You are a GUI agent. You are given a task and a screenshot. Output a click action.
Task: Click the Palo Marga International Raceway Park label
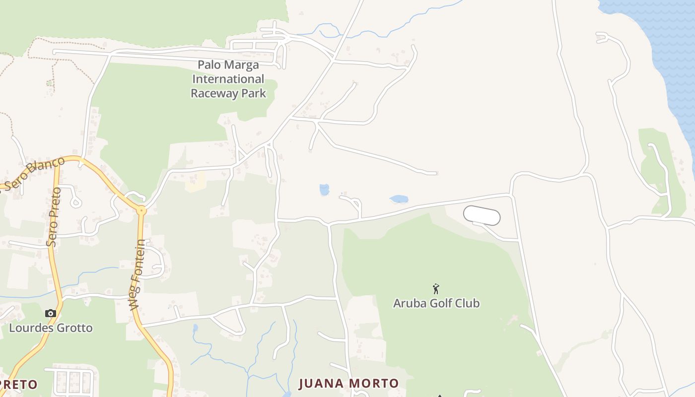pos(228,79)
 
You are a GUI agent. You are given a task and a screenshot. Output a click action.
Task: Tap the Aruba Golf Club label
pos(436,303)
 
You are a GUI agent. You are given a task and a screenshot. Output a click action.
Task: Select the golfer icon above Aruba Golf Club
pos(436,289)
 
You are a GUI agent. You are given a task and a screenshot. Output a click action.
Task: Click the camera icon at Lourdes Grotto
pos(50,313)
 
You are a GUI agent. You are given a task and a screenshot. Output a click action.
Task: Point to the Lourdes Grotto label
pos(51,328)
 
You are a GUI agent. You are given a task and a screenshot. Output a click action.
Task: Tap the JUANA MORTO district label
pos(348,383)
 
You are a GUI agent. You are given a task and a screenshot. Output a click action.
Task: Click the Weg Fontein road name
pos(138,275)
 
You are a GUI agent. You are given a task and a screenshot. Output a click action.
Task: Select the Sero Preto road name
pos(53,216)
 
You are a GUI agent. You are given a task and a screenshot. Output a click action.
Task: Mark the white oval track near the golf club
pos(482,216)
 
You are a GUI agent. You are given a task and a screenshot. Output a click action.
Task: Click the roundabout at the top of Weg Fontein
pos(141,210)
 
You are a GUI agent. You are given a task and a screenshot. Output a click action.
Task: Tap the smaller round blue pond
pos(324,190)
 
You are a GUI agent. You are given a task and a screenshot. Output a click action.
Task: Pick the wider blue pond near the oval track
pos(399,199)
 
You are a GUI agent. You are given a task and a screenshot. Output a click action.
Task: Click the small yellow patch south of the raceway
pos(196,182)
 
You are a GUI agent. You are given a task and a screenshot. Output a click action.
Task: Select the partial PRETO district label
pos(19,385)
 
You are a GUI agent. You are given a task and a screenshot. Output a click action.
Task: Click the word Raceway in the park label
pos(214,93)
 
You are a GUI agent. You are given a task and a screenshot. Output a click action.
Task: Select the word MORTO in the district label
pos(373,383)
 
